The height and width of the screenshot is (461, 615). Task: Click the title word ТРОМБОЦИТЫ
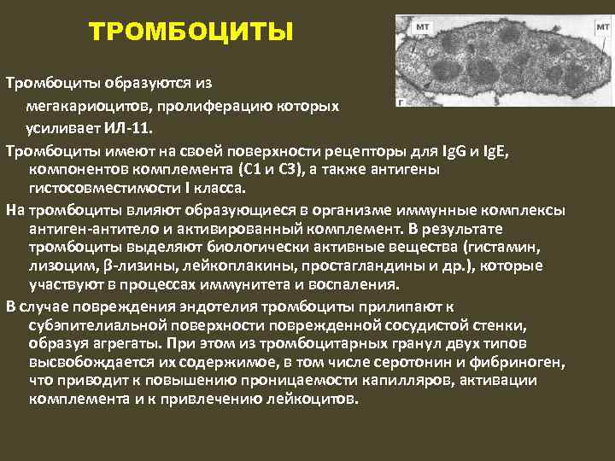tap(191, 33)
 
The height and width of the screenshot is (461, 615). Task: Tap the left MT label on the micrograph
tap(422, 27)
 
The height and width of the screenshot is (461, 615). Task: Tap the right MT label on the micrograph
tap(602, 27)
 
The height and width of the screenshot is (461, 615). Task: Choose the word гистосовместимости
tap(102, 188)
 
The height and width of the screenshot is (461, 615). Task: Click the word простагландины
tap(346, 266)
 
